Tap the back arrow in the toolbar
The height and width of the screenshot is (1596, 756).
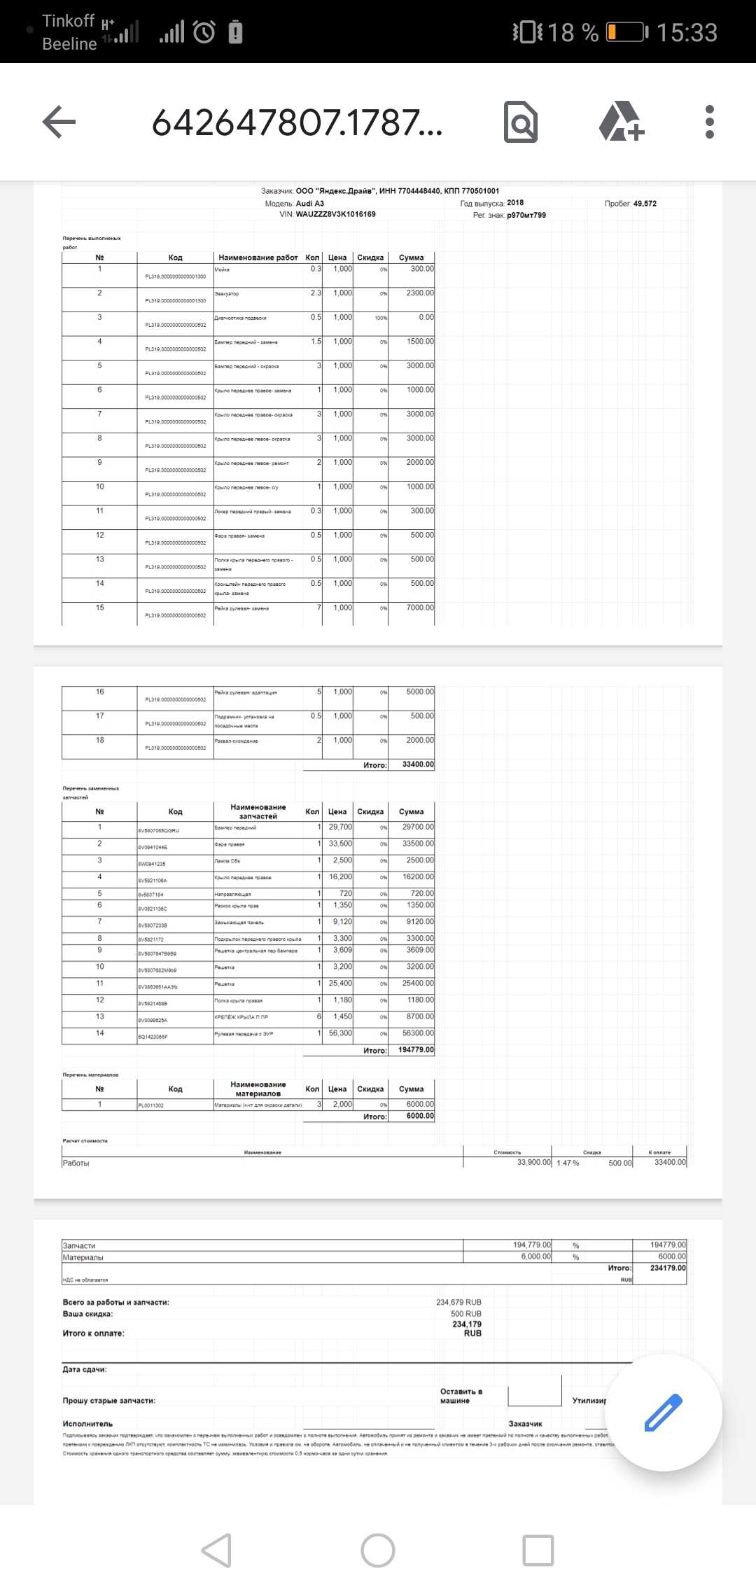(x=59, y=122)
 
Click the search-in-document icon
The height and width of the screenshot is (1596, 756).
(x=521, y=122)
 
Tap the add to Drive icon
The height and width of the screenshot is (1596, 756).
(x=621, y=122)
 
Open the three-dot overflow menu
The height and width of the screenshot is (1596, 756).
(x=709, y=122)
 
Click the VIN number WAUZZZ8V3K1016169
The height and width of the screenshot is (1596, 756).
(x=335, y=214)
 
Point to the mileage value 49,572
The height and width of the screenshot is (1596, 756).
(x=645, y=203)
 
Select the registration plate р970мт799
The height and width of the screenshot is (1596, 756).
(x=526, y=215)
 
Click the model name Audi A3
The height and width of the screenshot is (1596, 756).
(x=309, y=203)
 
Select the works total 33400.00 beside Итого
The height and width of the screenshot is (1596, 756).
(x=418, y=764)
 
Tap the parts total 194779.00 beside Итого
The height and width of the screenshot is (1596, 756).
(x=416, y=1050)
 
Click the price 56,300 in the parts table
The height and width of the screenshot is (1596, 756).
(x=340, y=1033)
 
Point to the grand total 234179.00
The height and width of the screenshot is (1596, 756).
(x=668, y=1268)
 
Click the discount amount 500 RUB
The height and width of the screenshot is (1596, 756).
(x=465, y=1314)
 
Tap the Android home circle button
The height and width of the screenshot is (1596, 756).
(x=378, y=1550)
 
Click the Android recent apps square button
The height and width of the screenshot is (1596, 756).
(x=538, y=1550)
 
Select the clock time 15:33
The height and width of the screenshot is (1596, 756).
(x=687, y=32)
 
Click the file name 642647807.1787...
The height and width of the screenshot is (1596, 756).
(x=297, y=122)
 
